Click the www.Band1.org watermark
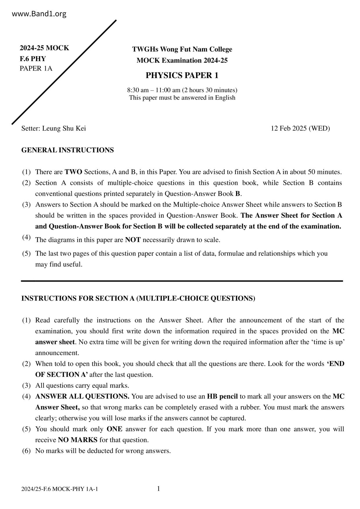pos(39,14)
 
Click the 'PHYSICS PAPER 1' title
pos(182,75)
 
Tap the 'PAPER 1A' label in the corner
pos(36,68)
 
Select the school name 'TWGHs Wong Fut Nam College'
pos(182,49)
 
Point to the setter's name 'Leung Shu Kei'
pos(64,128)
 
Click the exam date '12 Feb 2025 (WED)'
pos(300,128)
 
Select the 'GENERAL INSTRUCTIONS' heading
pos(67,150)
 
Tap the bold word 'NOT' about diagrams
pos(133,240)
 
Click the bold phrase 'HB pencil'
pos(222,396)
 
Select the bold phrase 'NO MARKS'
pos(78,440)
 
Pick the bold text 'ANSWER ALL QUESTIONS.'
pos(82,396)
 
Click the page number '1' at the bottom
pos(159,489)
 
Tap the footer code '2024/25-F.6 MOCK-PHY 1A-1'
pos(60,489)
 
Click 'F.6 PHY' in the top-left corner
pos(33,59)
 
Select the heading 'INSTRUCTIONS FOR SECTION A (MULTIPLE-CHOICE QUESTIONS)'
pos(138,298)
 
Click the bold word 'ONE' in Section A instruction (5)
pos(114,429)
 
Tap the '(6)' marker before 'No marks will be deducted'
pos(26,451)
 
